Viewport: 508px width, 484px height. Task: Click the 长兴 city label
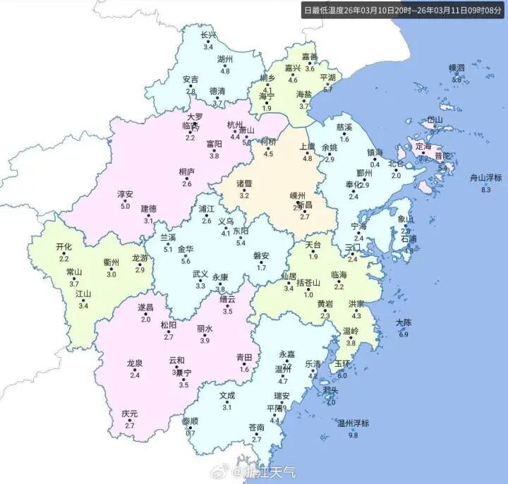click(208, 35)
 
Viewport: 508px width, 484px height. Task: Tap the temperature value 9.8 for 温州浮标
click(353, 435)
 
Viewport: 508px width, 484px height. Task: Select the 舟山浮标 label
click(485, 178)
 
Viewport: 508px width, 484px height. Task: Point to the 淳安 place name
click(125, 193)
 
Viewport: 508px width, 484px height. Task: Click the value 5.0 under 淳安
click(126, 206)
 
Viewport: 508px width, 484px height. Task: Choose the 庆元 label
click(129, 413)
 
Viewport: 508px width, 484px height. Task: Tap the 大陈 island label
click(404, 322)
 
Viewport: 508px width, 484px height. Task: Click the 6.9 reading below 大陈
click(404, 334)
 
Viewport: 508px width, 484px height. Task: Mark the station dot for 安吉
click(190, 86)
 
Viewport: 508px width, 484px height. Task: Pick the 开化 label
click(64, 247)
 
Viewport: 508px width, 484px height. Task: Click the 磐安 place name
click(262, 255)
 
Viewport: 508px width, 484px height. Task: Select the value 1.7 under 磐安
click(262, 268)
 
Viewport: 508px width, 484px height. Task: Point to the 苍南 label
click(256, 427)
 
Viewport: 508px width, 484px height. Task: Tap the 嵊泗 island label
click(457, 68)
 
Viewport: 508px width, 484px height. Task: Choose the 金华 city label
click(185, 249)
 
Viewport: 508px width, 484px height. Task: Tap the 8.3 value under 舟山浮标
click(485, 190)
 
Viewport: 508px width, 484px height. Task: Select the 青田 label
click(244, 357)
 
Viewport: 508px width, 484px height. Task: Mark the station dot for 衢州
click(111, 269)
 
